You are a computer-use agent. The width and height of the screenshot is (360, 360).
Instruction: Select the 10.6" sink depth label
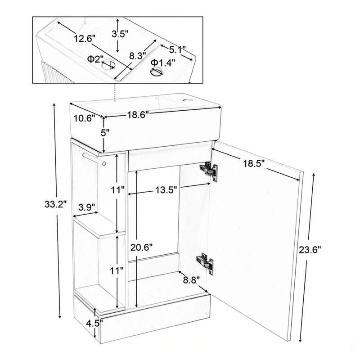(84, 118)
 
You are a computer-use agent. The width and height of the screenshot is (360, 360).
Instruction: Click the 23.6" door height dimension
(310, 250)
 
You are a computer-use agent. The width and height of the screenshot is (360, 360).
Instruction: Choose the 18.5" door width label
(254, 164)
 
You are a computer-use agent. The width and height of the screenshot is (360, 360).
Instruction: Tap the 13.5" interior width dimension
(166, 190)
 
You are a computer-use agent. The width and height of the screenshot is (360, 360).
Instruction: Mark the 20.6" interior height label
(141, 247)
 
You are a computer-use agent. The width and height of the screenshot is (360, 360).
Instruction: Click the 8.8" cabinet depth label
(192, 280)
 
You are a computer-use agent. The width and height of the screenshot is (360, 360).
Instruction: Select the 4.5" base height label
(94, 324)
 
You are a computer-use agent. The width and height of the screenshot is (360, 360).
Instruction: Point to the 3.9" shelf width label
(87, 207)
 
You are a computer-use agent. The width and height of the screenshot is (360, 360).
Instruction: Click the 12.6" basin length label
(85, 38)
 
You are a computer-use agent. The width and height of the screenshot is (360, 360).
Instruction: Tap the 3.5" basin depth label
(120, 34)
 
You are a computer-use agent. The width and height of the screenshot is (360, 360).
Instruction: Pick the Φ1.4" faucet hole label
(163, 63)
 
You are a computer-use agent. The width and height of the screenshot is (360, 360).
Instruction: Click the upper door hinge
(208, 171)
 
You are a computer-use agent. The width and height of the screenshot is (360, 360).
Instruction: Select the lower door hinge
(205, 264)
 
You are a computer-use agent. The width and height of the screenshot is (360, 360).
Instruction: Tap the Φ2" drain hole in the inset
(109, 64)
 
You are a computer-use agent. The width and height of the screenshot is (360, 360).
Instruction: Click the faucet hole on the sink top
(188, 100)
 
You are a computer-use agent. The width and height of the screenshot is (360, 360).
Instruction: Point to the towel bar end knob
(104, 163)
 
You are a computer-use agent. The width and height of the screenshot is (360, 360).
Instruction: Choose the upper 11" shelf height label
(118, 190)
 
